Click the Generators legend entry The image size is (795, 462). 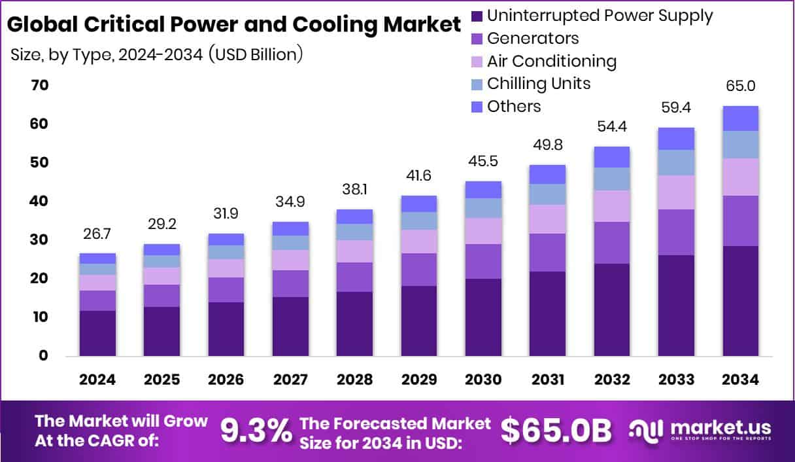coord(532,38)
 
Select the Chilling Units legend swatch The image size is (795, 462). coord(476,84)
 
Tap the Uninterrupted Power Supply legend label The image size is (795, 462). coord(600,15)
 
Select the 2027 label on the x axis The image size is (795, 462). coord(290,380)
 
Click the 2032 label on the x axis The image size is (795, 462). coord(612,380)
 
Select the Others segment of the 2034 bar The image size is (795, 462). coord(741,118)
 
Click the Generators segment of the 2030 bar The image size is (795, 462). coord(483,261)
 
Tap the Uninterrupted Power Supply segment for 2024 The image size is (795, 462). coord(97,333)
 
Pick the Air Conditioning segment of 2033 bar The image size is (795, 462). coord(676,192)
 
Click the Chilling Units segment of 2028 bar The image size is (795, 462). coord(354,232)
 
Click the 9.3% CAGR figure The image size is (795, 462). coord(256,431)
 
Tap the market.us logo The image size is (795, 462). coord(700,431)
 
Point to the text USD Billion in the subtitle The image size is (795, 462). coord(256,55)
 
